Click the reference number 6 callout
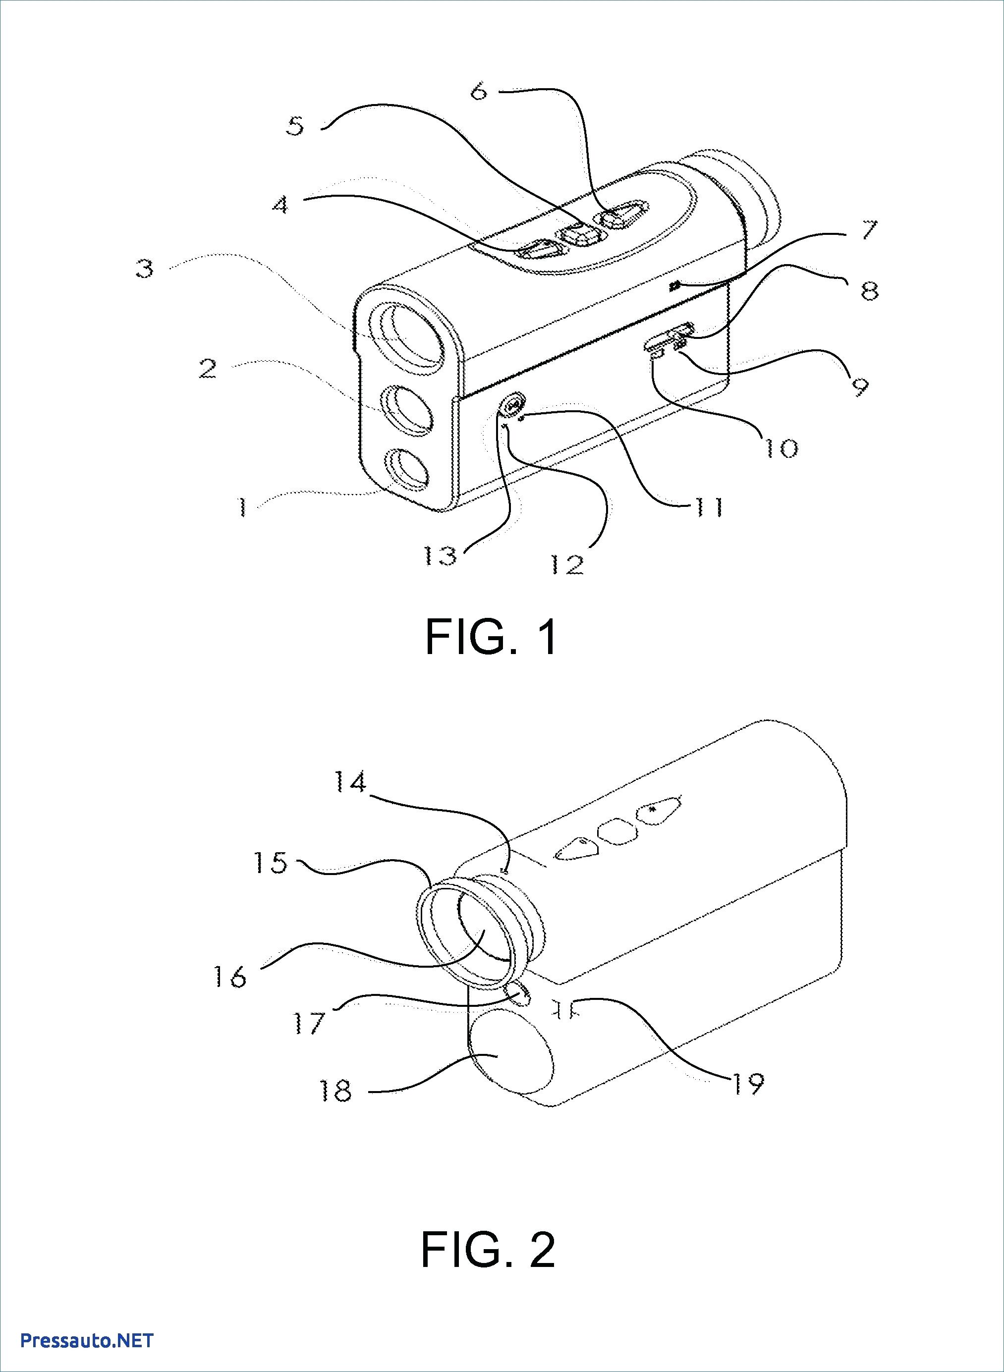(480, 91)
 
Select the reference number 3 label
(145, 268)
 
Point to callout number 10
(781, 448)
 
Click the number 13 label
(441, 555)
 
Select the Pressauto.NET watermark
(87, 1336)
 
